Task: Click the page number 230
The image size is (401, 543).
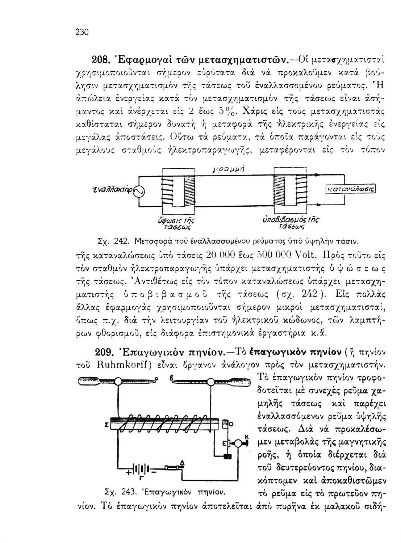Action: [82, 32]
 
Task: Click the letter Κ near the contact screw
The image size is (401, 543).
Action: [247, 437]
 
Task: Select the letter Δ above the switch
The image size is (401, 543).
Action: [182, 463]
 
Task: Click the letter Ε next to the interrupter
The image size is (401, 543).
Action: [224, 443]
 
